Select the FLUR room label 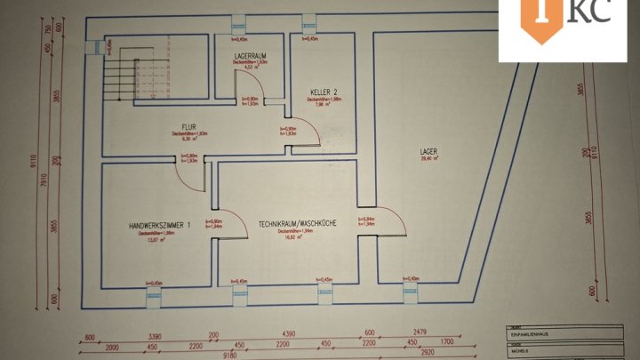click(188, 126)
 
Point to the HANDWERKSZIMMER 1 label click(160, 226)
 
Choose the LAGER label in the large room click(429, 151)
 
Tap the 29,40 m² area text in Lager click(430, 159)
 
